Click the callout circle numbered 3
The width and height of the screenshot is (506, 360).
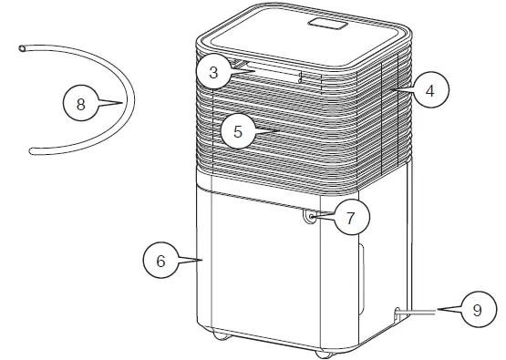coord(213,73)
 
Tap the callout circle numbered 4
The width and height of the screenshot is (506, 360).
coord(429,91)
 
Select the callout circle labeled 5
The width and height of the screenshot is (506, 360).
coord(237,131)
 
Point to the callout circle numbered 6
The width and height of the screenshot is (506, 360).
coord(160,261)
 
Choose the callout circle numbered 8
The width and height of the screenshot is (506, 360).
coord(80,104)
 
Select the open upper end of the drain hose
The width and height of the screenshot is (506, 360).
coord(23,48)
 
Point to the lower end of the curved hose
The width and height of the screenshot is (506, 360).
coord(33,151)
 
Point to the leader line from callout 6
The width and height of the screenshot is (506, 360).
coord(191,261)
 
